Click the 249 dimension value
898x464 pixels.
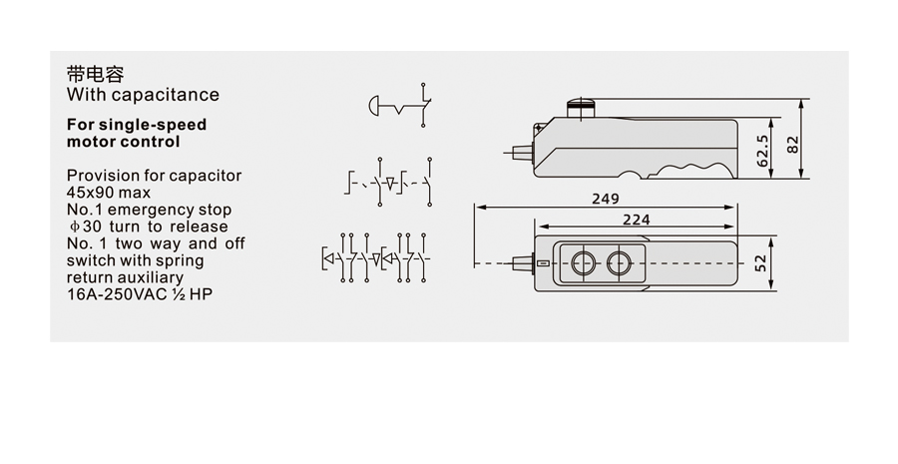tap(606, 199)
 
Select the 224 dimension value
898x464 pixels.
tap(637, 220)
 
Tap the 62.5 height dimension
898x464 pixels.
tap(763, 151)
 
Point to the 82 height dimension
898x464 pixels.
tap(792, 144)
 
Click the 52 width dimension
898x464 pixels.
tap(761, 263)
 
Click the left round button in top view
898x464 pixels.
tap(583, 263)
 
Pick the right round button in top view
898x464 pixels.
tap(619, 263)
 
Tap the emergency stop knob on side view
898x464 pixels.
tap(582, 108)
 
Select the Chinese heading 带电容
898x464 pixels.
tap(95, 75)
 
